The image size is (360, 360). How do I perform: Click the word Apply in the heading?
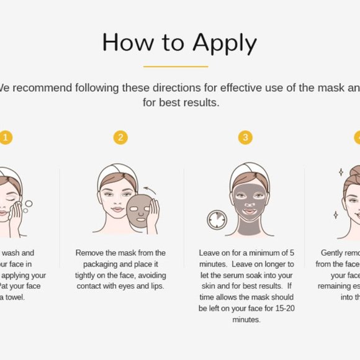(224, 43)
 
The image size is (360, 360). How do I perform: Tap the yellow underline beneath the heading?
(176, 66)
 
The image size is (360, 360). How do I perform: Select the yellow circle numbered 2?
(120, 137)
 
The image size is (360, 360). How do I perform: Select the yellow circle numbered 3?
(246, 137)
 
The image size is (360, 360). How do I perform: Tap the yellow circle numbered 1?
(6, 137)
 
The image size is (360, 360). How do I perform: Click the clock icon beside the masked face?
(217, 219)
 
